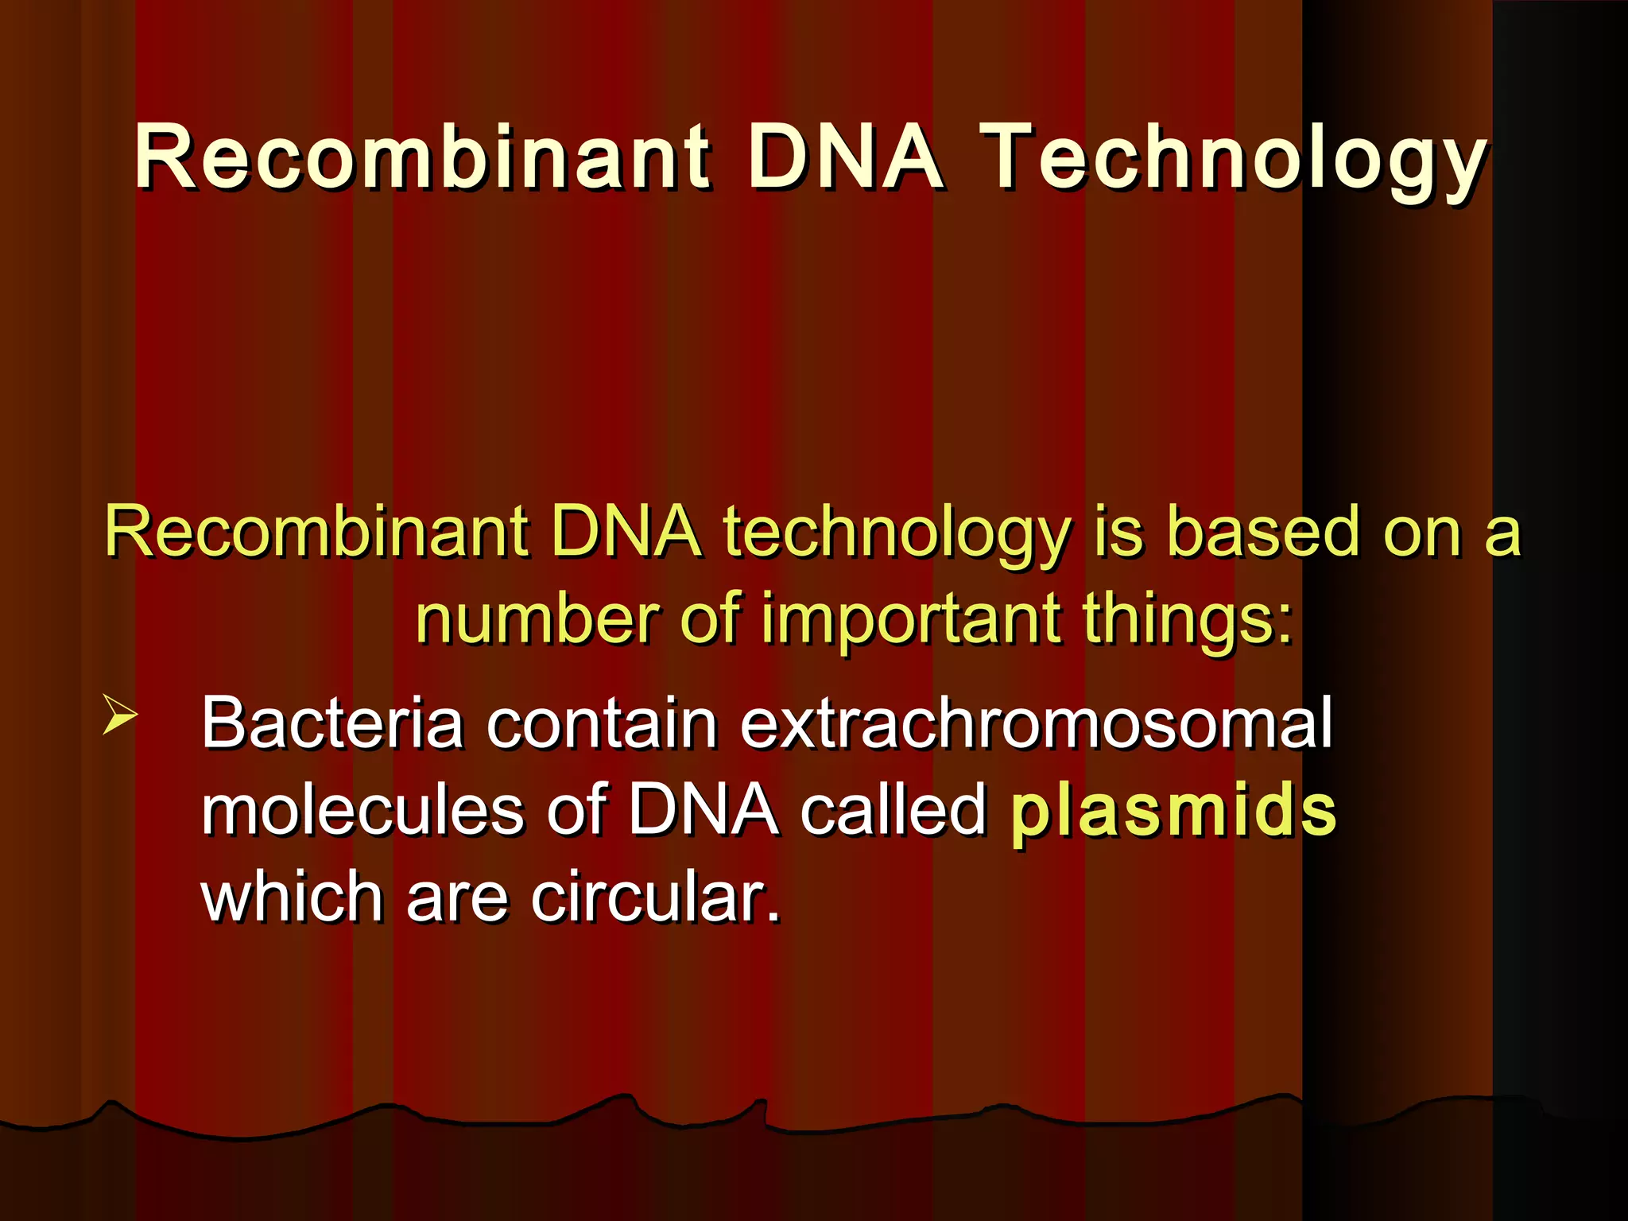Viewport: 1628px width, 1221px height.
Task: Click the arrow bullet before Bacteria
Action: (120, 713)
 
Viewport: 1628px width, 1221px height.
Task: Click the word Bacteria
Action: (332, 723)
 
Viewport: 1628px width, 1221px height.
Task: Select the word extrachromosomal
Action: (1036, 723)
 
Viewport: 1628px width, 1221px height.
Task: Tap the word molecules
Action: (362, 811)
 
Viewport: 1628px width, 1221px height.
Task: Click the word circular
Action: (655, 898)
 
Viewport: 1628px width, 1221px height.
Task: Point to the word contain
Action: (602, 723)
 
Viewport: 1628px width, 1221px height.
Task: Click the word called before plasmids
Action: (893, 811)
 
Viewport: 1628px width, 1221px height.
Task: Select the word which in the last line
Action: (292, 898)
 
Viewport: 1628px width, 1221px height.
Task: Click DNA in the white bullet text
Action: (703, 811)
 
